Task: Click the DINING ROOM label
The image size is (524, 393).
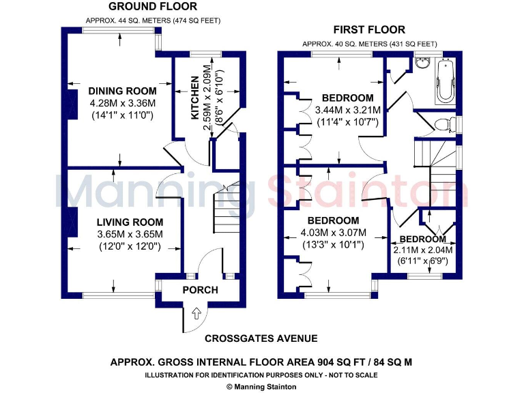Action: (x=122, y=91)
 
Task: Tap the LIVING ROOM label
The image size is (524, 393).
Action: (x=130, y=222)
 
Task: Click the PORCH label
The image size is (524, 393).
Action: (x=200, y=290)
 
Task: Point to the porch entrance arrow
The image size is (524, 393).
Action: (x=197, y=314)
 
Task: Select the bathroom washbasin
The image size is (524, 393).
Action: (x=422, y=64)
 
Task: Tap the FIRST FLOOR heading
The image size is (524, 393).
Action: (x=369, y=29)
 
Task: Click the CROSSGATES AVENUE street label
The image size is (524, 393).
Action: (x=261, y=338)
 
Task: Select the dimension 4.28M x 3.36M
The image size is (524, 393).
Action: (x=122, y=103)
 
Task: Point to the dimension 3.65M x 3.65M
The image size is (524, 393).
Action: (x=130, y=234)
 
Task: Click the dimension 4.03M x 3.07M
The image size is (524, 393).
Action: (x=333, y=233)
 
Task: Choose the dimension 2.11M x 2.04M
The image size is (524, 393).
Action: (x=423, y=250)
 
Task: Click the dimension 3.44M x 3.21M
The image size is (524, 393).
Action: (x=348, y=110)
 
